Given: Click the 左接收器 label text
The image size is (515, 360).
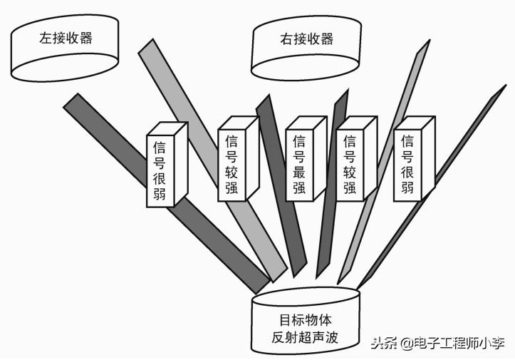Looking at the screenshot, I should click(66, 38).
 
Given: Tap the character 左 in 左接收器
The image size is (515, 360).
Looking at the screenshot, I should click(45, 38).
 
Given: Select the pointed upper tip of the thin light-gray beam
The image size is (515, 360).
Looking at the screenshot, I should click(428, 44).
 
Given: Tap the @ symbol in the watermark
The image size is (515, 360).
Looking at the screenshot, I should click(406, 344).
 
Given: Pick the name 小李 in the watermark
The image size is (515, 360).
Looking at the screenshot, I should click(492, 343).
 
